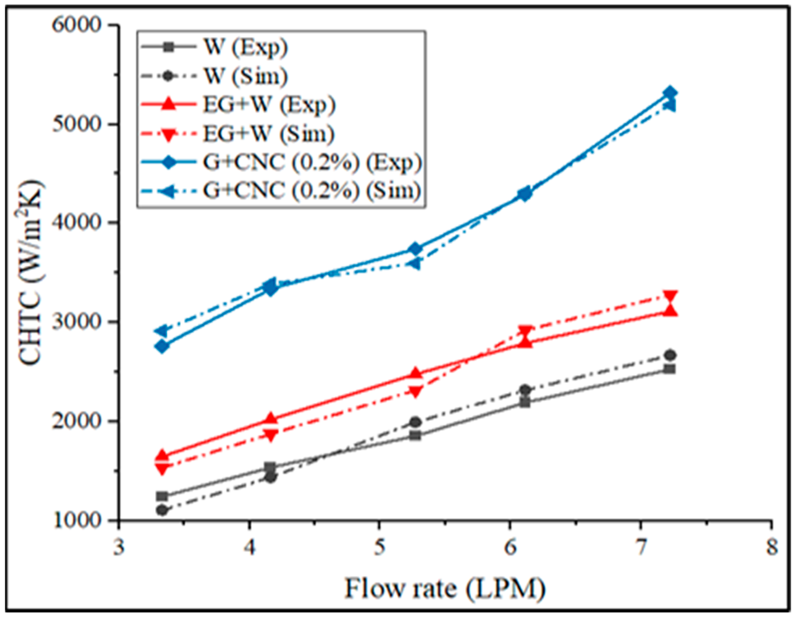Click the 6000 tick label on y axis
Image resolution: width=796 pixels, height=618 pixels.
coord(77,26)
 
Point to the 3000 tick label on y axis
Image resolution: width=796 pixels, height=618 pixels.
coord(77,322)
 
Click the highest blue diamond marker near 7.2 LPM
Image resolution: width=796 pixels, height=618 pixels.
coord(670,93)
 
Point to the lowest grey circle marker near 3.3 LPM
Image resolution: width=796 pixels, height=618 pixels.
coord(162,510)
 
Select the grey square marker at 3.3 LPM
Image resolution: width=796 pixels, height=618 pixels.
coord(162,496)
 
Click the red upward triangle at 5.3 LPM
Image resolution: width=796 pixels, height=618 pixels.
coord(415,374)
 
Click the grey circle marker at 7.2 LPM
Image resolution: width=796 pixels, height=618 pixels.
coord(670,355)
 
